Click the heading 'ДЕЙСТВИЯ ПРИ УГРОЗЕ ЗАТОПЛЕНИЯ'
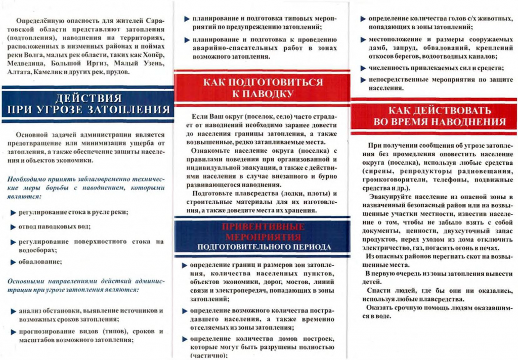(87, 104)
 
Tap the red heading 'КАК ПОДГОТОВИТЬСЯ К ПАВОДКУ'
(262, 87)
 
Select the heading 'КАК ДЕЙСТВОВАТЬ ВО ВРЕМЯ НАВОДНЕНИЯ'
(439, 116)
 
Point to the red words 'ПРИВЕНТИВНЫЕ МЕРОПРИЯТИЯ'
(263, 232)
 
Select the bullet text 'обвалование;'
(40, 261)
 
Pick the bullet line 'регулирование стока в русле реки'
(73, 212)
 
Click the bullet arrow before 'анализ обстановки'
(13, 311)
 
